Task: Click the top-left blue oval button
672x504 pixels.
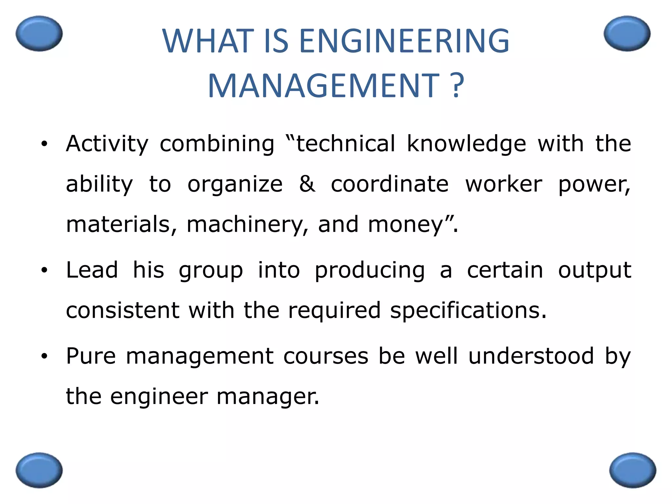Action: pyautogui.click(x=39, y=33)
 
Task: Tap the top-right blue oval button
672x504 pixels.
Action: pyautogui.click(x=627, y=33)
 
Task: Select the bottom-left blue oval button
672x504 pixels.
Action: pyautogui.click(x=39, y=470)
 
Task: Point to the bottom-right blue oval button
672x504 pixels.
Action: pyautogui.click(x=633, y=470)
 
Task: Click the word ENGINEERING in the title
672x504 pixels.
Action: pyautogui.click(x=404, y=41)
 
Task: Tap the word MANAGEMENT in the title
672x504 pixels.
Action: pyautogui.click(x=323, y=86)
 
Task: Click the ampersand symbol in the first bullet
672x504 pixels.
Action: pyautogui.click(x=307, y=184)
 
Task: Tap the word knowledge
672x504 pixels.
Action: pyautogui.click(x=466, y=144)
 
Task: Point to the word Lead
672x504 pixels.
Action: pyautogui.click(x=92, y=270)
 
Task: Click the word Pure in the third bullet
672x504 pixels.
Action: pyautogui.click(x=91, y=356)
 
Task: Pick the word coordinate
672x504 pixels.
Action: pyautogui.click(x=389, y=184)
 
